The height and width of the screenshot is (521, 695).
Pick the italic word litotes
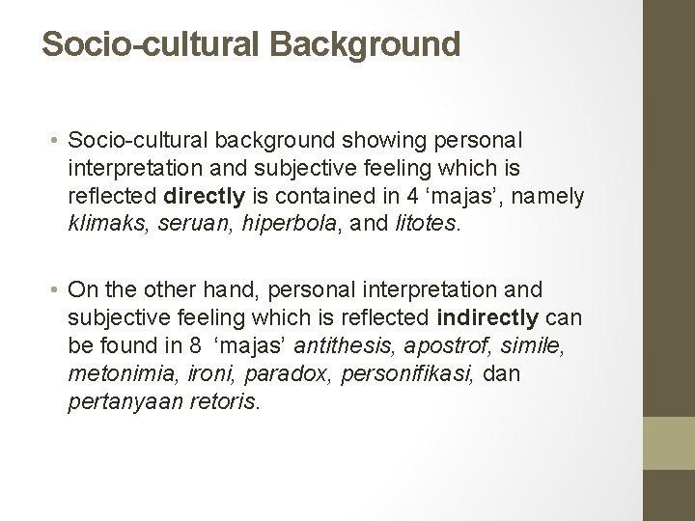click(x=427, y=224)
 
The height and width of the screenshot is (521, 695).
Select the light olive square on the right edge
click(x=669, y=443)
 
